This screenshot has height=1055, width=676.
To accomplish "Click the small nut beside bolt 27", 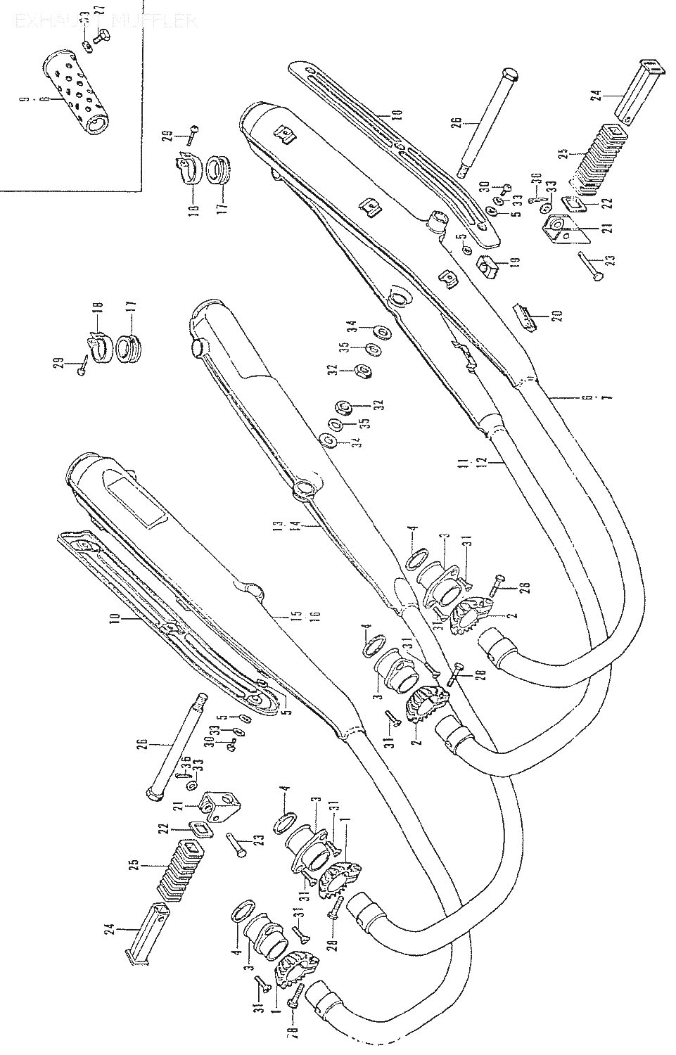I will tap(86, 46).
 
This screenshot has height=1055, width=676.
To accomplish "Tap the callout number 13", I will tap(279, 525).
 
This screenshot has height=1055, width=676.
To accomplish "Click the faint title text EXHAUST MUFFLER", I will tap(106, 20).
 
